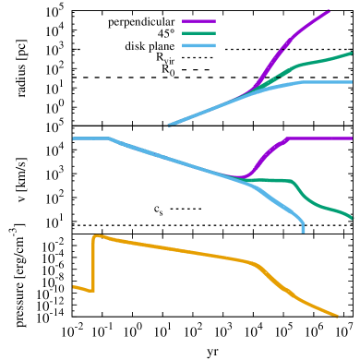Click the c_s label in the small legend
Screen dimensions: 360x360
click(x=160, y=210)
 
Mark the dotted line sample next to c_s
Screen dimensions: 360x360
click(x=187, y=210)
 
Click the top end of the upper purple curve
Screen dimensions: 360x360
click(x=330, y=10)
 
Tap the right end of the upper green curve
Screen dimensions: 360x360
click(x=351, y=54)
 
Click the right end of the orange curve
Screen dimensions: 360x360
click(x=337, y=317)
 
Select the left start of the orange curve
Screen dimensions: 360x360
click(x=74, y=287)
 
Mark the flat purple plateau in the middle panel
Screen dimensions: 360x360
click(x=318, y=138)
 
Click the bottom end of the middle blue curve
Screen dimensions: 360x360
click(x=303, y=231)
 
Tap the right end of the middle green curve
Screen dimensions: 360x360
click(x=352, y=219)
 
